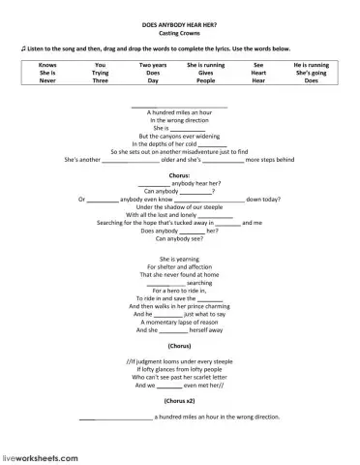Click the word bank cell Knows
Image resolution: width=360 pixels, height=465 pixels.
[x=47, y=63]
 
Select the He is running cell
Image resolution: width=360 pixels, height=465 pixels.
[x=311, y=63]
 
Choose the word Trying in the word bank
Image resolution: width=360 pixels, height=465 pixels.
[x=101, y=72]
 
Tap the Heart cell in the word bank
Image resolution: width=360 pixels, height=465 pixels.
[x=257, y=72]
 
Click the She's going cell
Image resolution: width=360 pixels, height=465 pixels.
[x=311, y=72]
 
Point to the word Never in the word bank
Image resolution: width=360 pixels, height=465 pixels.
[x=47, y=80]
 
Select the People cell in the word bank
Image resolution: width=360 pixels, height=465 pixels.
[x=205, y=80]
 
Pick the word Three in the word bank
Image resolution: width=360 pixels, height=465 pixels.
[x=101, y=80]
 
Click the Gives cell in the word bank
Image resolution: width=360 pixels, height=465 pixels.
[x=205, y=72]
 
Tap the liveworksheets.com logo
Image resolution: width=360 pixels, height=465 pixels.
[x=40, y=454]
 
